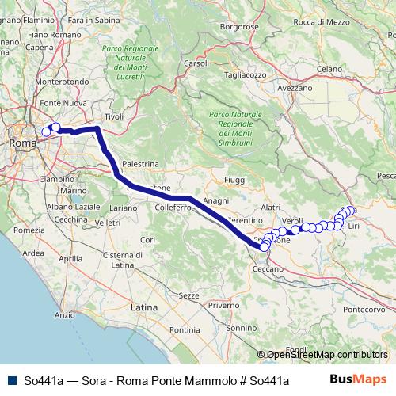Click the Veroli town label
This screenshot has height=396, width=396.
click(x=292, y=219)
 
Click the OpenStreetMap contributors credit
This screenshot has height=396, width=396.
click(x=325, y=354)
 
